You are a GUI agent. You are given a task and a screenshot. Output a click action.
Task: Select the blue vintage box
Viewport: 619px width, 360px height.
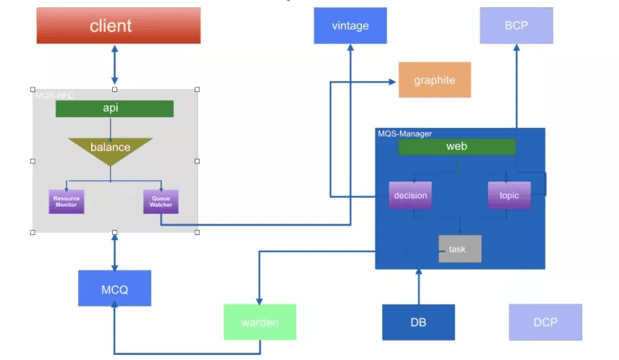click(x=350, y=26)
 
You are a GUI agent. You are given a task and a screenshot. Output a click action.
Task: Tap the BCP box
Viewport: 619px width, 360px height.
click(x=516, y=26)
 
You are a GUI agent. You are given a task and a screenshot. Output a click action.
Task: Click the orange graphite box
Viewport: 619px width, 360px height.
click(x=435, y=80)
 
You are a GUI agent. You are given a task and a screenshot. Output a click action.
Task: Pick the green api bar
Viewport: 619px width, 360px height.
click(x=114, y=108)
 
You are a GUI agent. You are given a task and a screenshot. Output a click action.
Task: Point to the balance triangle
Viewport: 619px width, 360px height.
click(x=110, y=149)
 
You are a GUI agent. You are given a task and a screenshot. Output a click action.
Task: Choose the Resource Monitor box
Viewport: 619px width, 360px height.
click(x=67, y=202)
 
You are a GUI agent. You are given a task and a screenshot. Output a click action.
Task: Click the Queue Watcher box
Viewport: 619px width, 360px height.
click(x=161, y=202)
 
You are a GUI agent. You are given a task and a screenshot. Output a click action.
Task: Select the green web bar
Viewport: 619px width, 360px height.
click(x=457, y=147)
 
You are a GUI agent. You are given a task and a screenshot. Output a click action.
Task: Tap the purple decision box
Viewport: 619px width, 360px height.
click(x=411, y=195)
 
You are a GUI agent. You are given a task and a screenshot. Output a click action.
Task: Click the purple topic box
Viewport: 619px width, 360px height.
click(x=509, y=195)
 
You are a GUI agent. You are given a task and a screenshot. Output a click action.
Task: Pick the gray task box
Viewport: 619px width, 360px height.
click(x=459, y=249)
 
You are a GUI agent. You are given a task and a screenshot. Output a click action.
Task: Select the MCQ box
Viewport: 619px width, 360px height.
click(x=114, y=288)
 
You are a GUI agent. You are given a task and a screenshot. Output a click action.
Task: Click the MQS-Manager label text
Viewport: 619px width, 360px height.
click(x=405, y=134)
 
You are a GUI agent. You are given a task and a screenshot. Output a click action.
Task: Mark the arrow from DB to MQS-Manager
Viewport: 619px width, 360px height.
click(x=418, y=287)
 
